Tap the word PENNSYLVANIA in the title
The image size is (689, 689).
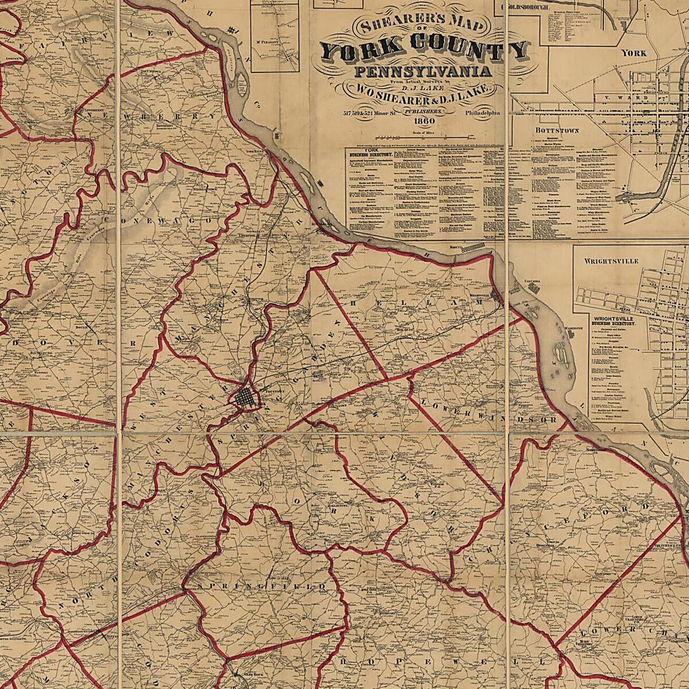click(424, 72)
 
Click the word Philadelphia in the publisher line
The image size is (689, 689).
click(483, 114)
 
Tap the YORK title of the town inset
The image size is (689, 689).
click(634, 53)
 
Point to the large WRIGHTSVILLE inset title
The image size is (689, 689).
click(611, 261)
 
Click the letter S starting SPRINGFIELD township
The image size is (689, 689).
click(201, 587)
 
